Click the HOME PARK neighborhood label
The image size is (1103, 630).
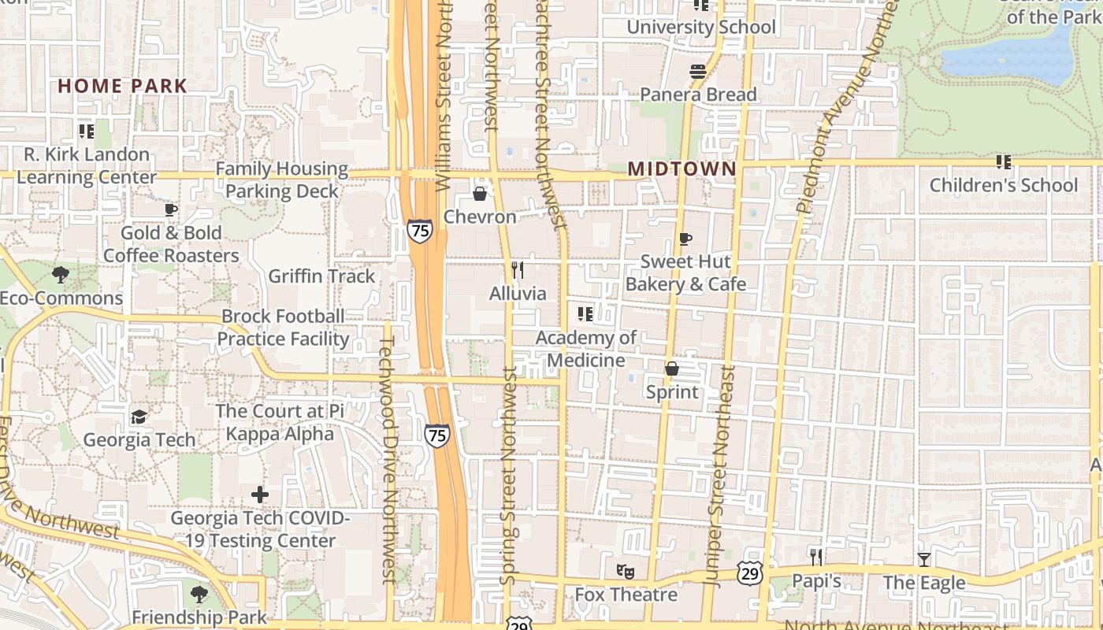122,86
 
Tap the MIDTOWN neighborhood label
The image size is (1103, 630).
682,169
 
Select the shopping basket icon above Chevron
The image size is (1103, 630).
479,193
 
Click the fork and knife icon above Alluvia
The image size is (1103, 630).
517,270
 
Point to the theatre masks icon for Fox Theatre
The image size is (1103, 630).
626,571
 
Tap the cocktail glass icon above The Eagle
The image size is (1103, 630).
923,560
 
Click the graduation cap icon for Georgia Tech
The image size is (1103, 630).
139,417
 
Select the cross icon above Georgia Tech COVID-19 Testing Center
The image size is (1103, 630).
260,495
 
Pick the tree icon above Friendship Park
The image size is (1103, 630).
198,594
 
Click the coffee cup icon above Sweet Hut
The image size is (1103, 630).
685,239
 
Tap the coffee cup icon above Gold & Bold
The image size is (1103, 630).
170,209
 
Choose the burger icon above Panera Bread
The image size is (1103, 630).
697,72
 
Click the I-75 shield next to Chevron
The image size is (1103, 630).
420,231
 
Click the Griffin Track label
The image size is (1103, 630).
321,276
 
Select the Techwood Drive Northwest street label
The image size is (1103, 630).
387,461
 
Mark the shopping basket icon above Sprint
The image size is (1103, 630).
672,369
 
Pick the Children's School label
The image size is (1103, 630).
1003,185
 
